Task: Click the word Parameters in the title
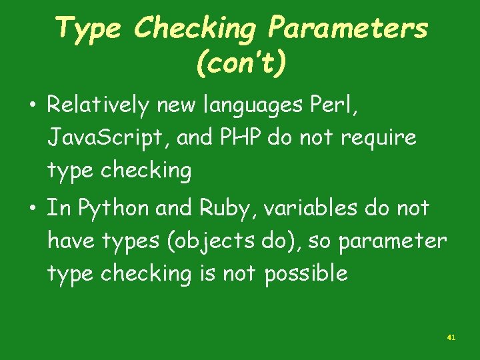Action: pos(347,28)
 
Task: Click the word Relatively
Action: pos(98,105)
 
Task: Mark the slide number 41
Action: pos(451,338)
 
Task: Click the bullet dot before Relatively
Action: pos(32,105)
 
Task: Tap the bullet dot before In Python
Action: pos(32,208)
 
